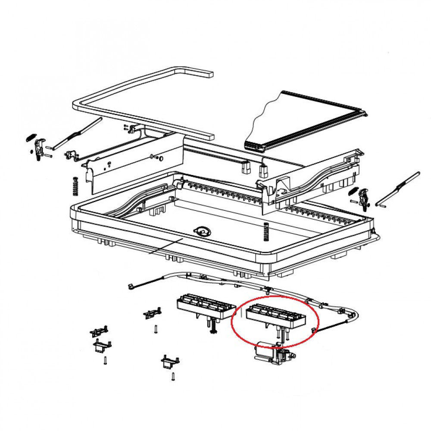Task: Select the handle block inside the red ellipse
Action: click(275, 316)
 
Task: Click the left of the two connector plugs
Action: click(246, 168)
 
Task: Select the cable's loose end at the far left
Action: click(130, 286)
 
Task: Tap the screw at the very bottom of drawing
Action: click(173, 377)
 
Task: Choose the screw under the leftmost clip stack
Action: click(105, 361)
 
